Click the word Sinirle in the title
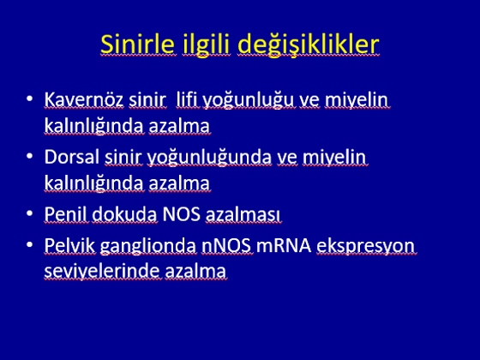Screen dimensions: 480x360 point(138,44)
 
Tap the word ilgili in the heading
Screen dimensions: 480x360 point(206,45)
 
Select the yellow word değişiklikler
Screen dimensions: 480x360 point(309,45)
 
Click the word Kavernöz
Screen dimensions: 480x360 point(84,99)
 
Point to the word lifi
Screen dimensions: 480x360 point(187,99)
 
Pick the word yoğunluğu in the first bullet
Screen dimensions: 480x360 point(249,101)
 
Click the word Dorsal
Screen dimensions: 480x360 point(72,157)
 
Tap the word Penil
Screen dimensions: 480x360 point(66,214)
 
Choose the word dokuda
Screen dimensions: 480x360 point(124,214)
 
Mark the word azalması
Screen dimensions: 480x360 point(243,214)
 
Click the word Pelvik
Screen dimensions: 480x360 point(69,245)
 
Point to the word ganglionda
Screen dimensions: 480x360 point(148,247)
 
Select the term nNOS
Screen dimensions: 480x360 point(226,245)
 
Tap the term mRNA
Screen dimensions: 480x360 point(284,245)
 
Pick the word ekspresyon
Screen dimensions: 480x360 point(365,247)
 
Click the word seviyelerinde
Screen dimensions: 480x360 point(102,272)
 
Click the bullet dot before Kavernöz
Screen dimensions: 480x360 point(30,99)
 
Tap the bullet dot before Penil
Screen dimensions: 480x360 point(30,213)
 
